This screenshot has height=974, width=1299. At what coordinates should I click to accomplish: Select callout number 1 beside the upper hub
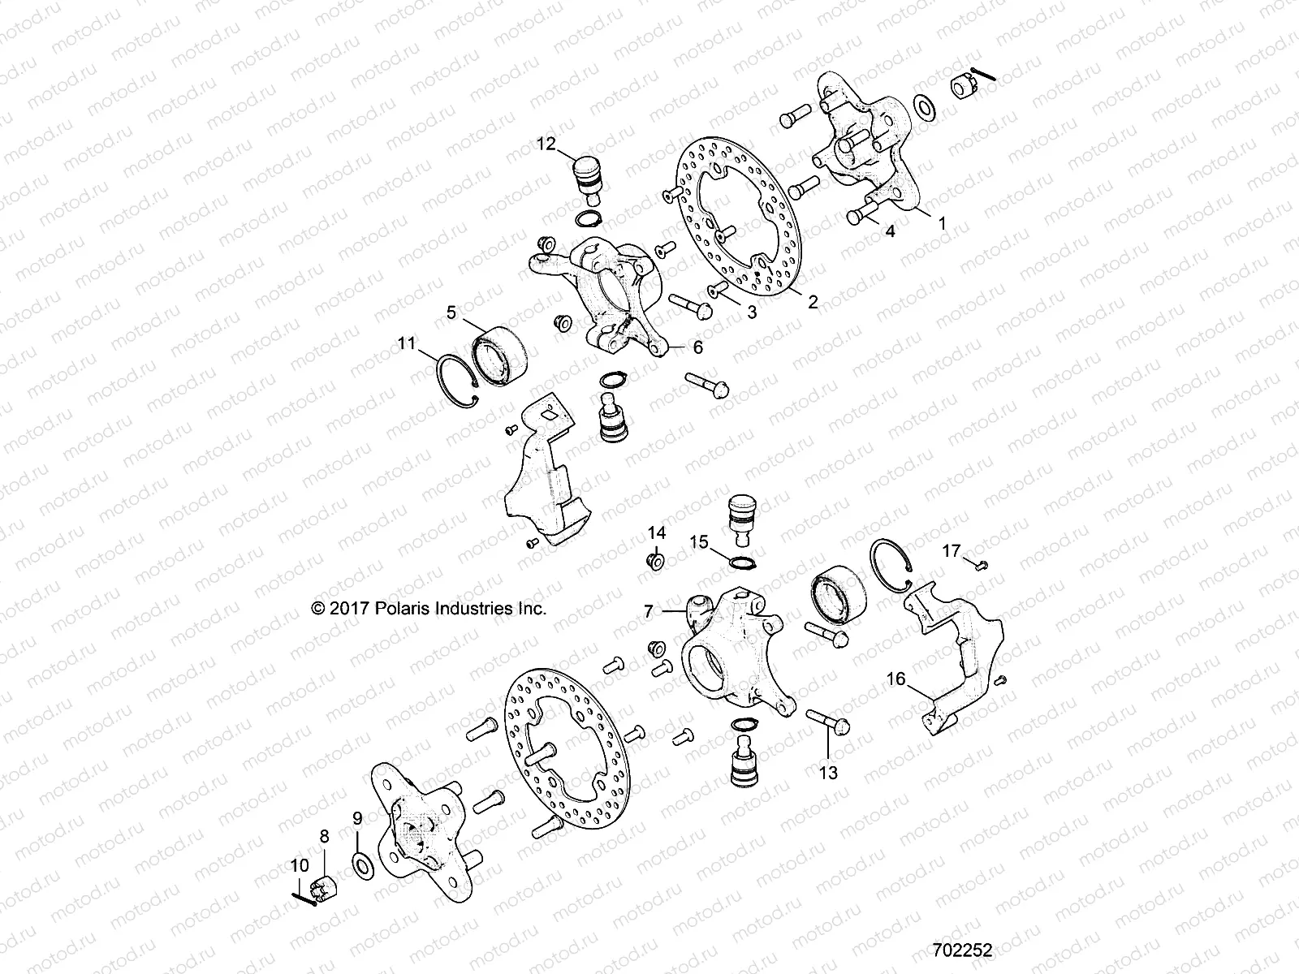coord(942,222)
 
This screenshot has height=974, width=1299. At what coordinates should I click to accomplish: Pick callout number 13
coord(827,773)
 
